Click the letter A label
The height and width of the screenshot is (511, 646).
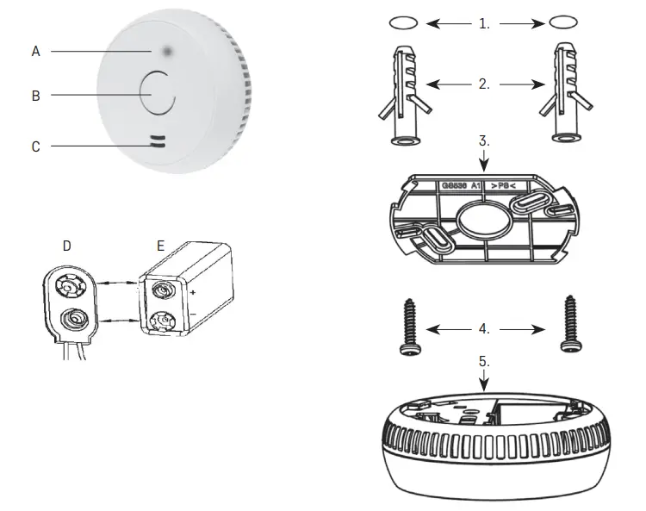point(35,52)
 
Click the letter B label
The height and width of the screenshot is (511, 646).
point(35,96)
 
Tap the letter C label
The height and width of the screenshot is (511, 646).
point(35,146)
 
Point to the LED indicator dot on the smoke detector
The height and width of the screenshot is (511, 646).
point(163,52)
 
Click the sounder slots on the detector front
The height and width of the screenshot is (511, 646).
point(157,141)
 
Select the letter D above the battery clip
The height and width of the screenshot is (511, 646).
point(66,246)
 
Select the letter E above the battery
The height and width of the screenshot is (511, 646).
point(161,246)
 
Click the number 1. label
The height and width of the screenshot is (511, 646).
point(484,24)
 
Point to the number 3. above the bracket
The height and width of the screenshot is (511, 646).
point(484,140)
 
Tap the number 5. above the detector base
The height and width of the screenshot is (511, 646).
point(484,363)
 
